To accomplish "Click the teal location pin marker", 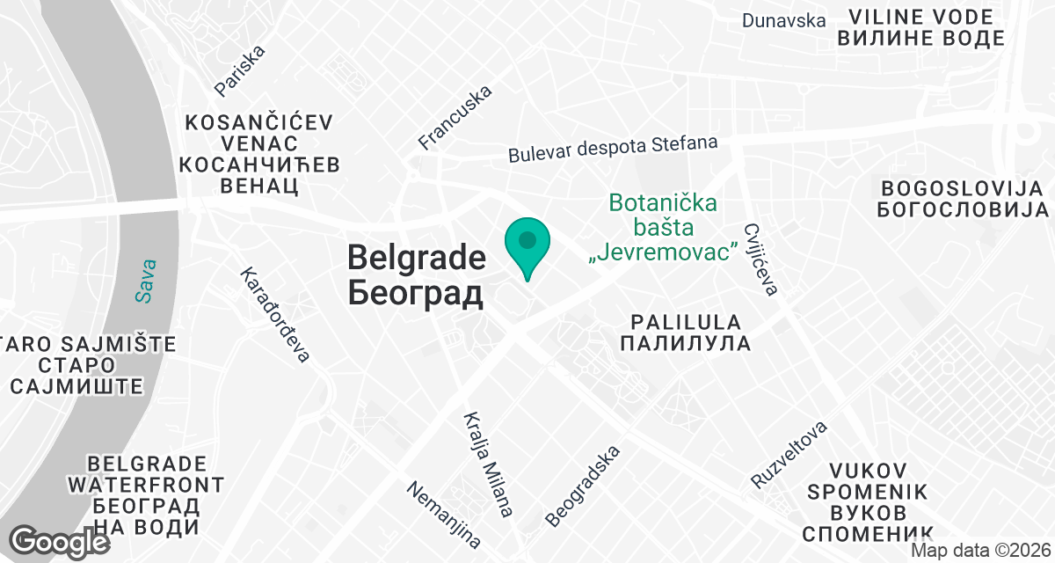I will [x=527, y=245].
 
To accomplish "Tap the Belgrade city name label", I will [x=416, y=274].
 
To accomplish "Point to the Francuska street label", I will [x=455, y=117].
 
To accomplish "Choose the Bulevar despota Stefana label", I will [x=613, y=148].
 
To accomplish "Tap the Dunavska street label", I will [x=783, y=20].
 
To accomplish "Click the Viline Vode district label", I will [x=920, y=27].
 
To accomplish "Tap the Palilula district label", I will [x=685, y=333].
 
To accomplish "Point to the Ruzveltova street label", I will [x=789, y=455].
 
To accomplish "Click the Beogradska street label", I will [x=583, y=486].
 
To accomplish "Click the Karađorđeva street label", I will [x=276, y=315].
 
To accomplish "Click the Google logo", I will [x=60, y=541].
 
